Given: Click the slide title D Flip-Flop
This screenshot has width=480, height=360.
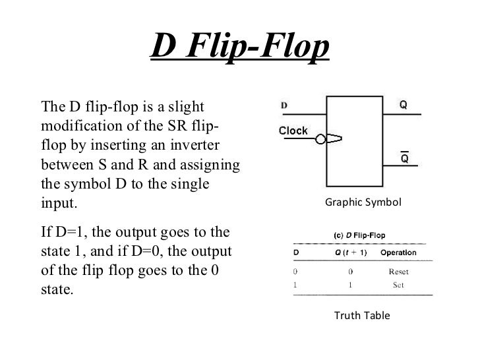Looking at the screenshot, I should pos(240,47).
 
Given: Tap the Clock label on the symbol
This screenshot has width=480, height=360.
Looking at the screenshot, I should pos(293,131).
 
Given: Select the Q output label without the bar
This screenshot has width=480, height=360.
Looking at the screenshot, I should pos(403,105).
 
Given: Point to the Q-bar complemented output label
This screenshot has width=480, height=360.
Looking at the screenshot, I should pos(404,159).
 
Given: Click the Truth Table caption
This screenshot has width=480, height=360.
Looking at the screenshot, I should pos(362,316).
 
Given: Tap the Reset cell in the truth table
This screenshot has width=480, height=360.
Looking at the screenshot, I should pos(398,270).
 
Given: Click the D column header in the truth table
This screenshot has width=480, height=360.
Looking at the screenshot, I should pos(295,252).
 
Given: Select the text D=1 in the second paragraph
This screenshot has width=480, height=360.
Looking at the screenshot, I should pos(70,233).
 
